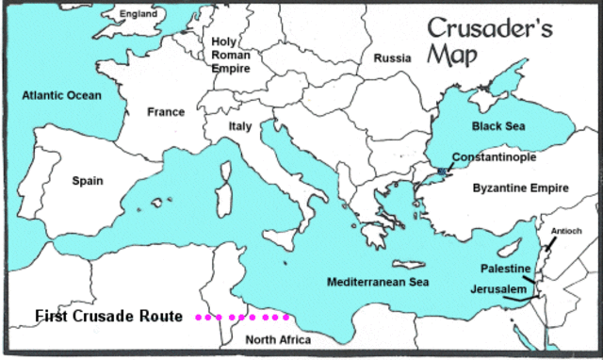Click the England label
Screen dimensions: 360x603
138,15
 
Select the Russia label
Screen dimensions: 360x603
393,57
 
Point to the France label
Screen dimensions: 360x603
166,112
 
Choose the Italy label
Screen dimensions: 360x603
241,125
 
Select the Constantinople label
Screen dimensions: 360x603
496,155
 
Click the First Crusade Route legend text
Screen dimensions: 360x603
106,316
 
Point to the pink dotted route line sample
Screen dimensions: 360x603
242,317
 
